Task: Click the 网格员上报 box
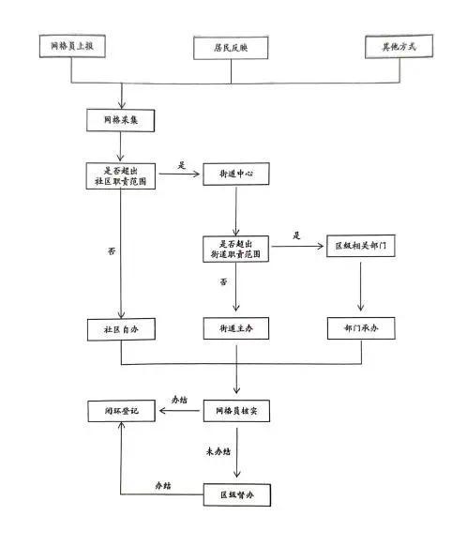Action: (72, 46)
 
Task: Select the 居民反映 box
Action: (231, 48)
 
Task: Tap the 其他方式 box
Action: (399, 46)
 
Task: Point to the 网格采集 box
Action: (120, 120)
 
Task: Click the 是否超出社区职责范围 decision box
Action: (120, 176)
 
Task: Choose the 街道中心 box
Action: (236, 174)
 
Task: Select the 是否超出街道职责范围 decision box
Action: (235, 249)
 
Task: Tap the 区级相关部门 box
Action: (360, 246)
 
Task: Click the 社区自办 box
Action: (121, 329)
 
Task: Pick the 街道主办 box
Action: (236, 328)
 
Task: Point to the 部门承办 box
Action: (361, 328)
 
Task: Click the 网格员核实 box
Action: (236, 411)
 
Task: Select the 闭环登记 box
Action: (122, 411)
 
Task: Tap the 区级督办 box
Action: (237, 494)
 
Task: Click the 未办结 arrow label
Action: (218, 451)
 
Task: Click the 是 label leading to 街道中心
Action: (182, 165)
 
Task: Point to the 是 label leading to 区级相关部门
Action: (296, 235)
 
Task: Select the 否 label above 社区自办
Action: (112, 251)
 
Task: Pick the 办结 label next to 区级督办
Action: (163, 485)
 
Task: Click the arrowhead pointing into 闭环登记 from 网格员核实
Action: (162, 411)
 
